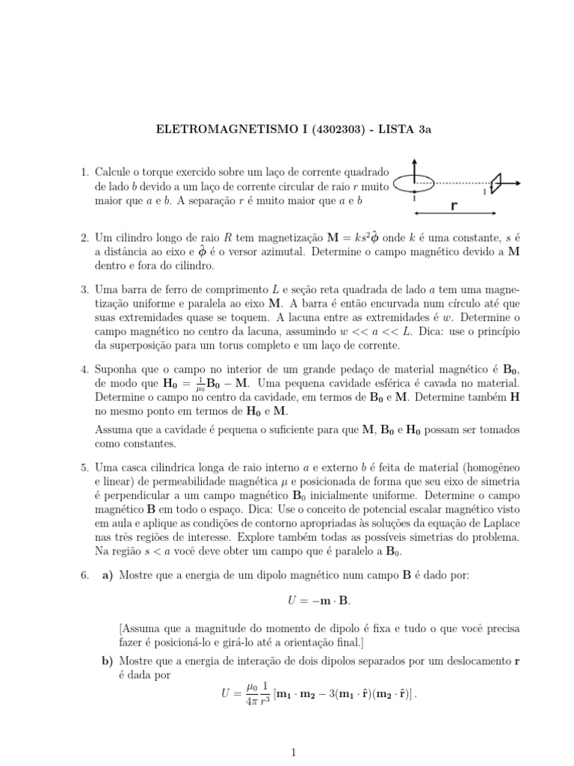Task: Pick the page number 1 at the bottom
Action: (294, 753)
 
